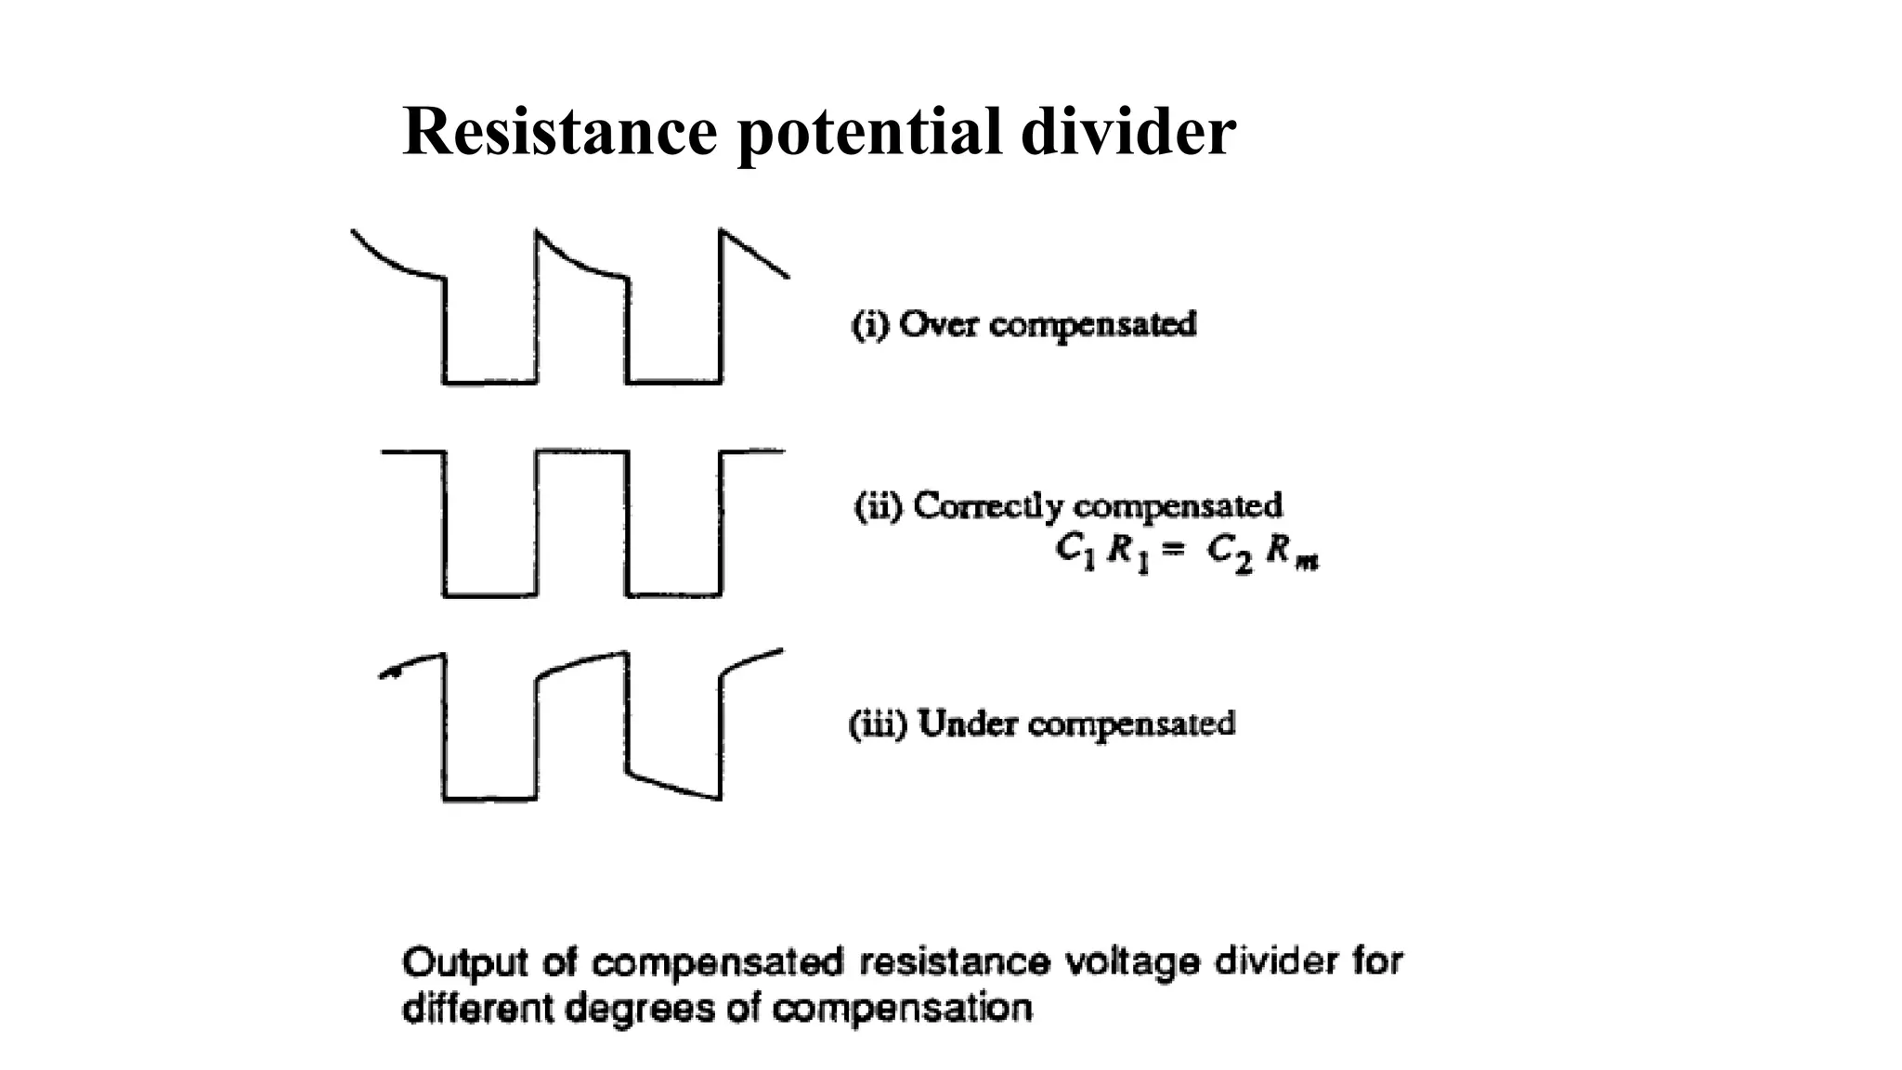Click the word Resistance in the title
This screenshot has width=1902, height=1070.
point(560,131)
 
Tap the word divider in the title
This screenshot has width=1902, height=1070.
point(1127,131)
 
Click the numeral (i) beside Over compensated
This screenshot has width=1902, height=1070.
point(871,325)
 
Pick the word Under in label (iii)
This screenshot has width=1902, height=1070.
point(968,724)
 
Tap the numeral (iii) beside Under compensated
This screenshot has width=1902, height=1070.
point(878,724)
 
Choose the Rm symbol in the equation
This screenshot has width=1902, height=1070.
point(1292,555)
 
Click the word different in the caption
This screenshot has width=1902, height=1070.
point(477,1008)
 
